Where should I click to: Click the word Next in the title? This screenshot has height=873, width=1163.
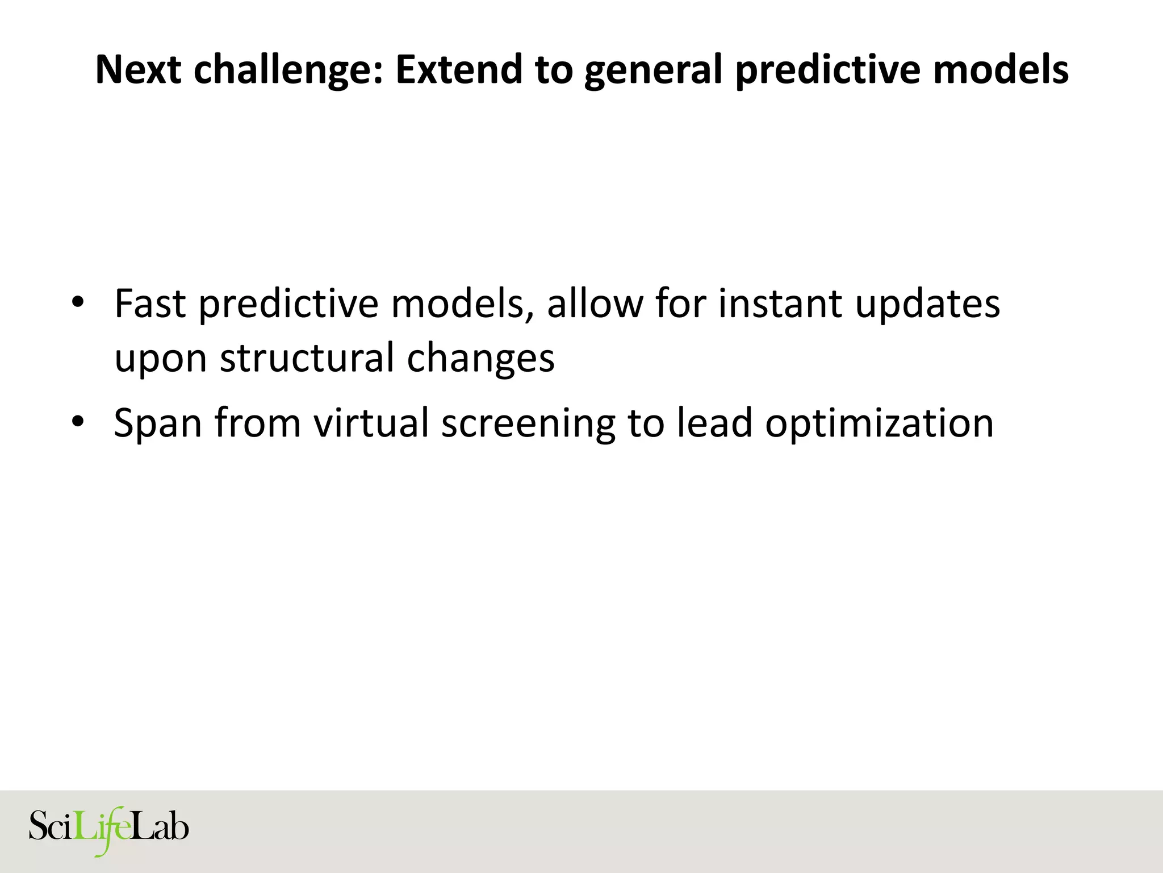(x=138, y=69)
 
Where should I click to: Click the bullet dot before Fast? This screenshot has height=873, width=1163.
(x=78, y=301)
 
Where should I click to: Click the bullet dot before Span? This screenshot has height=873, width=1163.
(x=78, y=421)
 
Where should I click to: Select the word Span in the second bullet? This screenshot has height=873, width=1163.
(x=157, y=424)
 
